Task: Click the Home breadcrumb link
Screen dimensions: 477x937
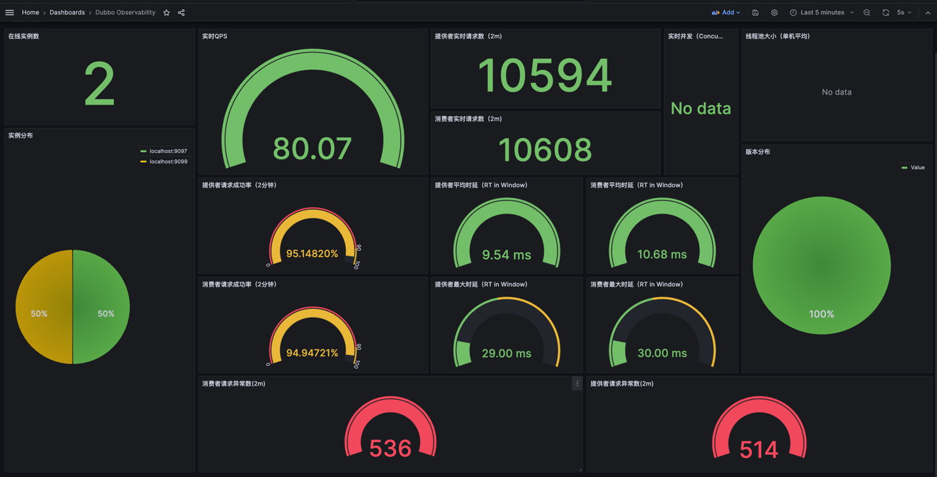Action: (x=30, y=12)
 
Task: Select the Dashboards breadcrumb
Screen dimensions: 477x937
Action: (x=67, y=12)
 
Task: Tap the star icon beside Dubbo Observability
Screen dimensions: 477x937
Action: (x=167, y=12)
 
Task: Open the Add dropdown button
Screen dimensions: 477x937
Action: (x=726, y=12)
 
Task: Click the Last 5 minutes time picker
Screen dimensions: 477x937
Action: (x=822, y=12)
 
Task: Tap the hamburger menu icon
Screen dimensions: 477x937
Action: (x=10, y=12)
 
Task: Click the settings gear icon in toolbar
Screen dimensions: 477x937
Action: (x=774, y=12)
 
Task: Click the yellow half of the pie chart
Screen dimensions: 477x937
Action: (x=43, y=307)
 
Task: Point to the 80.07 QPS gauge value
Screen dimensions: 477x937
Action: (x=313, y=148)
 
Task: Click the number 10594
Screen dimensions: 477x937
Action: (x=545, y=75)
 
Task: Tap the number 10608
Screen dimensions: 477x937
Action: (x=545, y=150)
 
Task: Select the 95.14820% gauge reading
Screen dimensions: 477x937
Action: (x=312, y=254)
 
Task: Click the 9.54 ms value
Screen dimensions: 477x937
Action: (x=506, y=255)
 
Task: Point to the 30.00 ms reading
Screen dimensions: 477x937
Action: (x=662, y=354)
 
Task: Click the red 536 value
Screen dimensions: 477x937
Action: (x=390, y=448)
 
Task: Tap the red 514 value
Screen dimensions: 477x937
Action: (x=758, y=450)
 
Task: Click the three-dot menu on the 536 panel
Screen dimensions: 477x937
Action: (x=577, y=384)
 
